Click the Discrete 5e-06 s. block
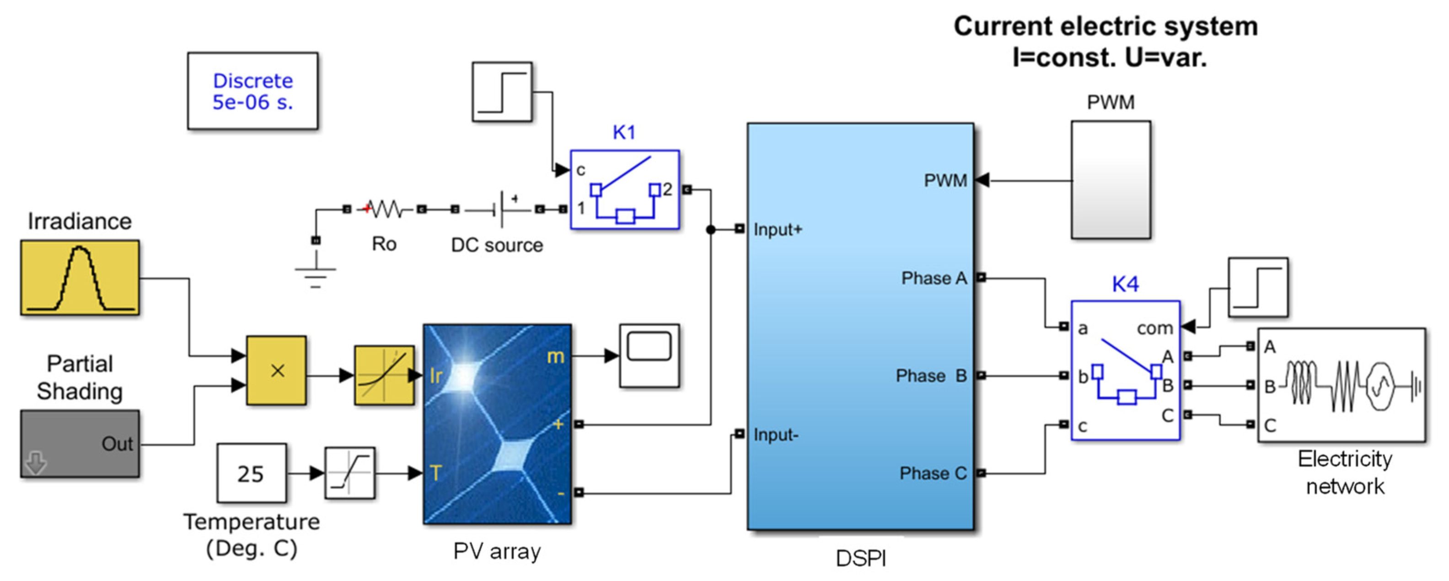pos(252,91)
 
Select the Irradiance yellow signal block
pos(80,277)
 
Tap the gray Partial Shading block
pos(80,444)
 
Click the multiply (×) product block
pos(276,371)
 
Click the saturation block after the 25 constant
pos(350,473)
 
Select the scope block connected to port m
pos(649,355)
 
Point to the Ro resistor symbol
pos(384,209)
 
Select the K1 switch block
pos(624,189)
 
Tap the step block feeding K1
pos(502,91)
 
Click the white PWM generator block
pos(1111,180)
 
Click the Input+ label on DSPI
pos(778,230)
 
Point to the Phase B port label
pos(931,375)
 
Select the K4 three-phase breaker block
pos(1125,371)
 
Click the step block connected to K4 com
pos(1258,287)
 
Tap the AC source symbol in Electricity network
pos(1380,386)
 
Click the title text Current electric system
pos(1106,27)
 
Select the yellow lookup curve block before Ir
pos(384,375)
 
